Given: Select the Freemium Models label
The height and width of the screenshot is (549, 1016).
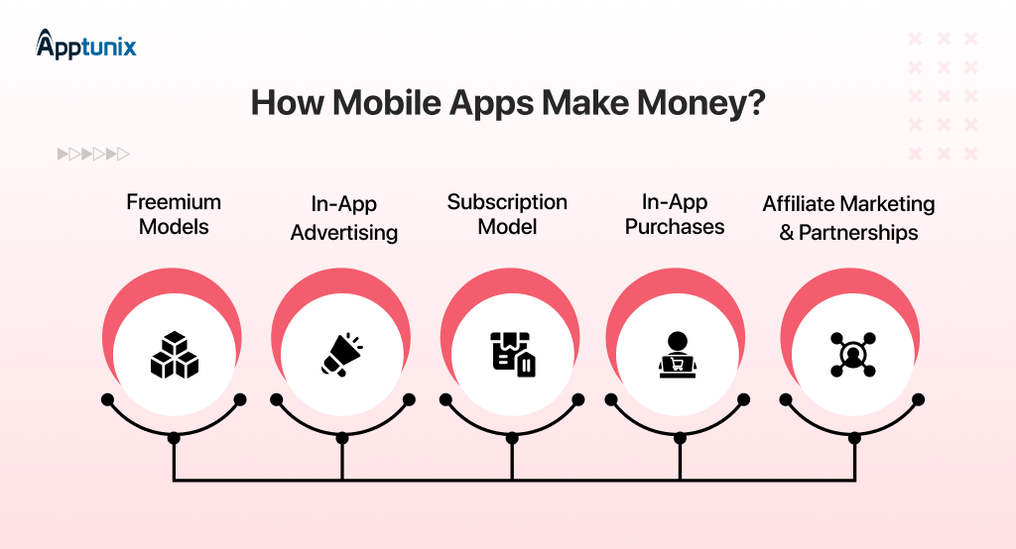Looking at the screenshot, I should coord(174,214).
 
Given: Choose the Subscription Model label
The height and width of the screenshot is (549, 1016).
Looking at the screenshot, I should coord(507,214).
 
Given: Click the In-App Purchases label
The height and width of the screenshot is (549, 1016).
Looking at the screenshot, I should coord(675,214).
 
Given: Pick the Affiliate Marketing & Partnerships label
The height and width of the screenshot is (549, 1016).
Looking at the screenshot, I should coord(848,219).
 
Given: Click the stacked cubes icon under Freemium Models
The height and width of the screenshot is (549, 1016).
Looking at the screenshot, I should coord(175,355).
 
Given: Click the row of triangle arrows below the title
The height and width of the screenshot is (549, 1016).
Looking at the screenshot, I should coord(93,154).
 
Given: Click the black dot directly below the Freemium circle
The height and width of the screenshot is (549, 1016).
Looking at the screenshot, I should coord(174,437).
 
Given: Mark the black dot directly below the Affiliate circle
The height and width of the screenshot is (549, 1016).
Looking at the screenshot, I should coord(852,437).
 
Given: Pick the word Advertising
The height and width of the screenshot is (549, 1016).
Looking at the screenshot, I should coord(342,233).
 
